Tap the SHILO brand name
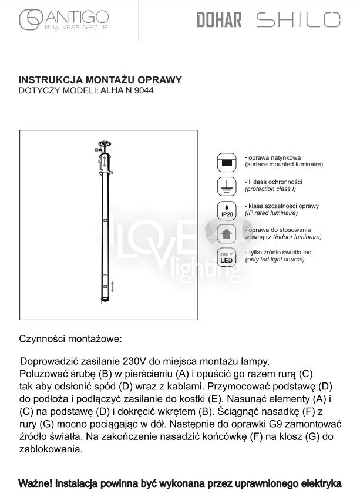[x=298, y=20]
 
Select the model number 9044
[x=134, y=91]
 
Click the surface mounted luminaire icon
[x=226, y=162]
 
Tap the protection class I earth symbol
[x=226, y=187]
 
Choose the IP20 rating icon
[x=226, y=211]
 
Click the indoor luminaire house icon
[x=226, y=234]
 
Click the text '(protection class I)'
[x=270, y=189]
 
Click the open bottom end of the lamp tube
[x=105, y=300]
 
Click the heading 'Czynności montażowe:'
[x=70, y=339]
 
